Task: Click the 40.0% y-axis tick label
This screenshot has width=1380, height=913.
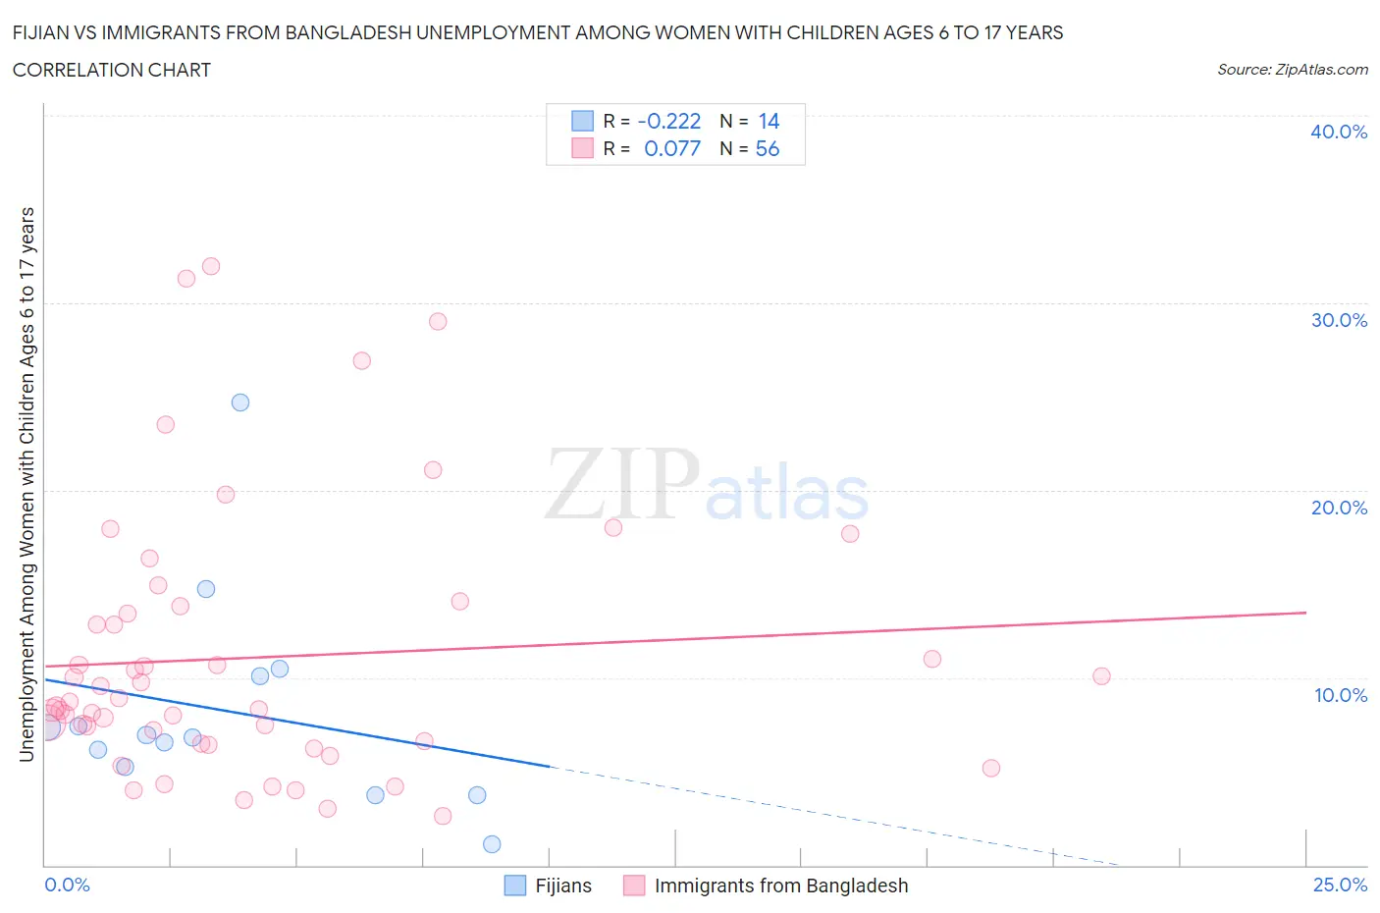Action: pyautogui.click(x=1339, y=132)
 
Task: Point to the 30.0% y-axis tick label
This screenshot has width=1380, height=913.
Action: pyautogui.click(x=1339, y=320)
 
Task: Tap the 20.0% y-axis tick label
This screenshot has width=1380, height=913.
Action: pyautogui.click(x=1339, y=508)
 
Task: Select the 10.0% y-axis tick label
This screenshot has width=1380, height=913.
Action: pyautogui.click(x=1340, y=695)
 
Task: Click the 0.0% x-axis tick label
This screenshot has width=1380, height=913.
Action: pyautogui.click(x=67, y=885)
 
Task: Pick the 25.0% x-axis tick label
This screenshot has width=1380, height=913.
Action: pyautogui.click(x=1340, y=885)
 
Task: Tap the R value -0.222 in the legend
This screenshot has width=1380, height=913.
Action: pyautogui.click(x=669, y=121)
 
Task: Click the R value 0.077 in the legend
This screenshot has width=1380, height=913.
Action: pyautogui.click(x=672, y=148)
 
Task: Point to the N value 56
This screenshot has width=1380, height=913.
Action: pyautogui.click(x=767, y=148)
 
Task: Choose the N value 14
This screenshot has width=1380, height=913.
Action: pyautogui.click(x=769, y=121)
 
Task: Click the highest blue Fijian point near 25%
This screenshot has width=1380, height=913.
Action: pyautogui.click(x=240, y=403)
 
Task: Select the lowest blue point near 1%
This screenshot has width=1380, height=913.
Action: pyautogui.click(x=492, y=844)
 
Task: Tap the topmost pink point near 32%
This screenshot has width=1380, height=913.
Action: pyautogui.click(x=211, y=266)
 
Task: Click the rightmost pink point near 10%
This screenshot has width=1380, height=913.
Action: pyautogui.click(x=1101, y=676)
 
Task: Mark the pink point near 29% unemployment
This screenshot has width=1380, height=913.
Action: pyautogui.click(x=438, y=322)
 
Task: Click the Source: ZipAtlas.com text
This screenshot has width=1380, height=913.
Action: pyautogui.click(x=1292, y=70)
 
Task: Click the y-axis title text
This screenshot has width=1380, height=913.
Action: pyautogui.click(x=27, y=484)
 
